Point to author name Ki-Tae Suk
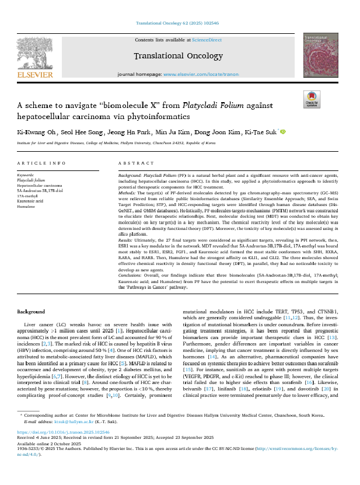coord(263,132)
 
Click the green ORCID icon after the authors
coord(284,132)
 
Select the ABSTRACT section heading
coord(136,163)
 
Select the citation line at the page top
coord(180,24)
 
